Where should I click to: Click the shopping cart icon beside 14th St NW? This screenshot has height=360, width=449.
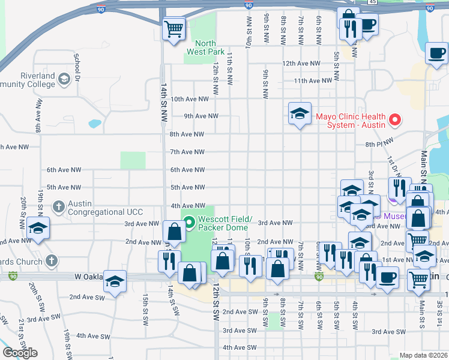[173, 28]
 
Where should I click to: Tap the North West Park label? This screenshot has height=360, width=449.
[205, 47]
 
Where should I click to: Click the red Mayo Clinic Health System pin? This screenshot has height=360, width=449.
[395, 120]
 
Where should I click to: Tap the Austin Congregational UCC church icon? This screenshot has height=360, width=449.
[58, 206]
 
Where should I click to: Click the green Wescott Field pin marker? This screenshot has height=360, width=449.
[190, 223]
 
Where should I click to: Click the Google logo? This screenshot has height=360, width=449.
[20, 353]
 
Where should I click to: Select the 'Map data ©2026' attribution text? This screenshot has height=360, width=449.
[423, 355]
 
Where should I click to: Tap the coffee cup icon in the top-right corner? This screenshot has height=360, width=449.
[436, 53]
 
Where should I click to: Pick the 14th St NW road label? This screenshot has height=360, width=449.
[163, 103]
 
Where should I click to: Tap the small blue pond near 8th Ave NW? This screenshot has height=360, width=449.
[94, 124]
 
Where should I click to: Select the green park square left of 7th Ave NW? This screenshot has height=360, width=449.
[133, 160]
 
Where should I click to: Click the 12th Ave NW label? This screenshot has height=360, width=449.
[303, 63]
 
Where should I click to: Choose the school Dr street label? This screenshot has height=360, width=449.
[77, 68]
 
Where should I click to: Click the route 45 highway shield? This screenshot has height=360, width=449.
[373, 2]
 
